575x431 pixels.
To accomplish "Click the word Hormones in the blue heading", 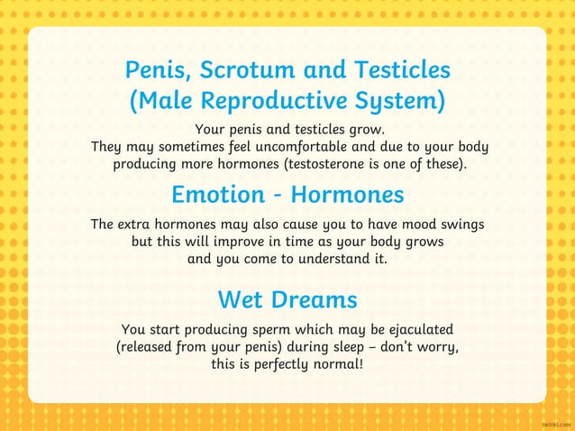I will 348,195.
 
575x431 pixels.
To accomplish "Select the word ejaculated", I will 416,330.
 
